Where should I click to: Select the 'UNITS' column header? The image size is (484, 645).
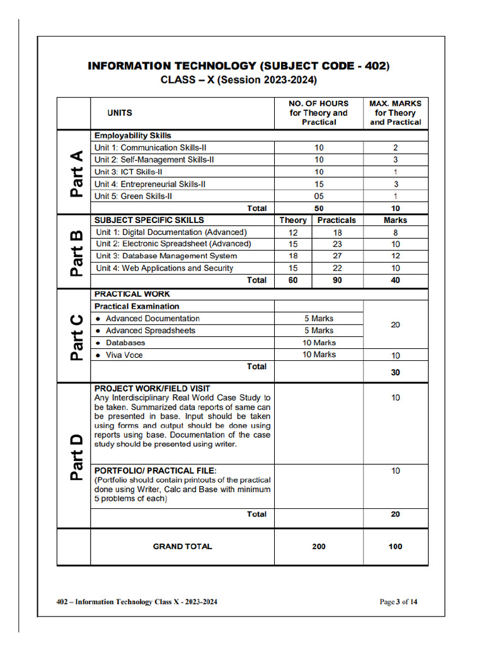120,113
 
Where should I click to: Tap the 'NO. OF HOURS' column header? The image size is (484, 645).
318,103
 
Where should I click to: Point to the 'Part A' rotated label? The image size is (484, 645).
75,173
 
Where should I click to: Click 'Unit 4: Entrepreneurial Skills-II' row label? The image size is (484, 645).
150,184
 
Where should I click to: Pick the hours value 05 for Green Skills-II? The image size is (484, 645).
319,196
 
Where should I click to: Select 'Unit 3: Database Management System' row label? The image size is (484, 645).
166,256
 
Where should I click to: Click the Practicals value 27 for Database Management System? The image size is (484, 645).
337,256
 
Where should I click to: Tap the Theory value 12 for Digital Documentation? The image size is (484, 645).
293,232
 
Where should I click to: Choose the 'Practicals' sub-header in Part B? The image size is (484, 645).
337,220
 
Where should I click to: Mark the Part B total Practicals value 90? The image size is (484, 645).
337,280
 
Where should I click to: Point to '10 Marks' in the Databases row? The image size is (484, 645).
319,343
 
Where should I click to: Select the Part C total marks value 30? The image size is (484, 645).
395,372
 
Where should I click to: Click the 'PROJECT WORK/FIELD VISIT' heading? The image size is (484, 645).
152,389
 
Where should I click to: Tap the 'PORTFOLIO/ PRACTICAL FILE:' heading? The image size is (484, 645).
155,471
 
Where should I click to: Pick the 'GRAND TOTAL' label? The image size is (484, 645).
183,546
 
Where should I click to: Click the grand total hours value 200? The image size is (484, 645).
319,546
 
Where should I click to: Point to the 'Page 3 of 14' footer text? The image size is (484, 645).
398,602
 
